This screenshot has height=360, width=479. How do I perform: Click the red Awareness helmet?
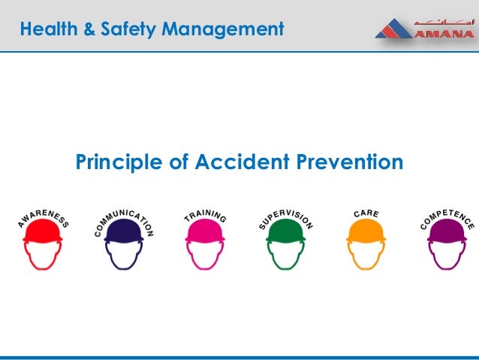[43, 230]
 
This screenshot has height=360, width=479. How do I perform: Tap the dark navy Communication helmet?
[124, 231]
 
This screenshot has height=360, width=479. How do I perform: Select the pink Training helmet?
[205, 230]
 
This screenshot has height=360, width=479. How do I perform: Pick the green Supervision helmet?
[286, 230]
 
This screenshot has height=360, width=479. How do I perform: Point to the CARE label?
[366, 214]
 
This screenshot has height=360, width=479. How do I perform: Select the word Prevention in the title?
[348, 162]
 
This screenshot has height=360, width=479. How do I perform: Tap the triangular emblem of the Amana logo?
[392, 30]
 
